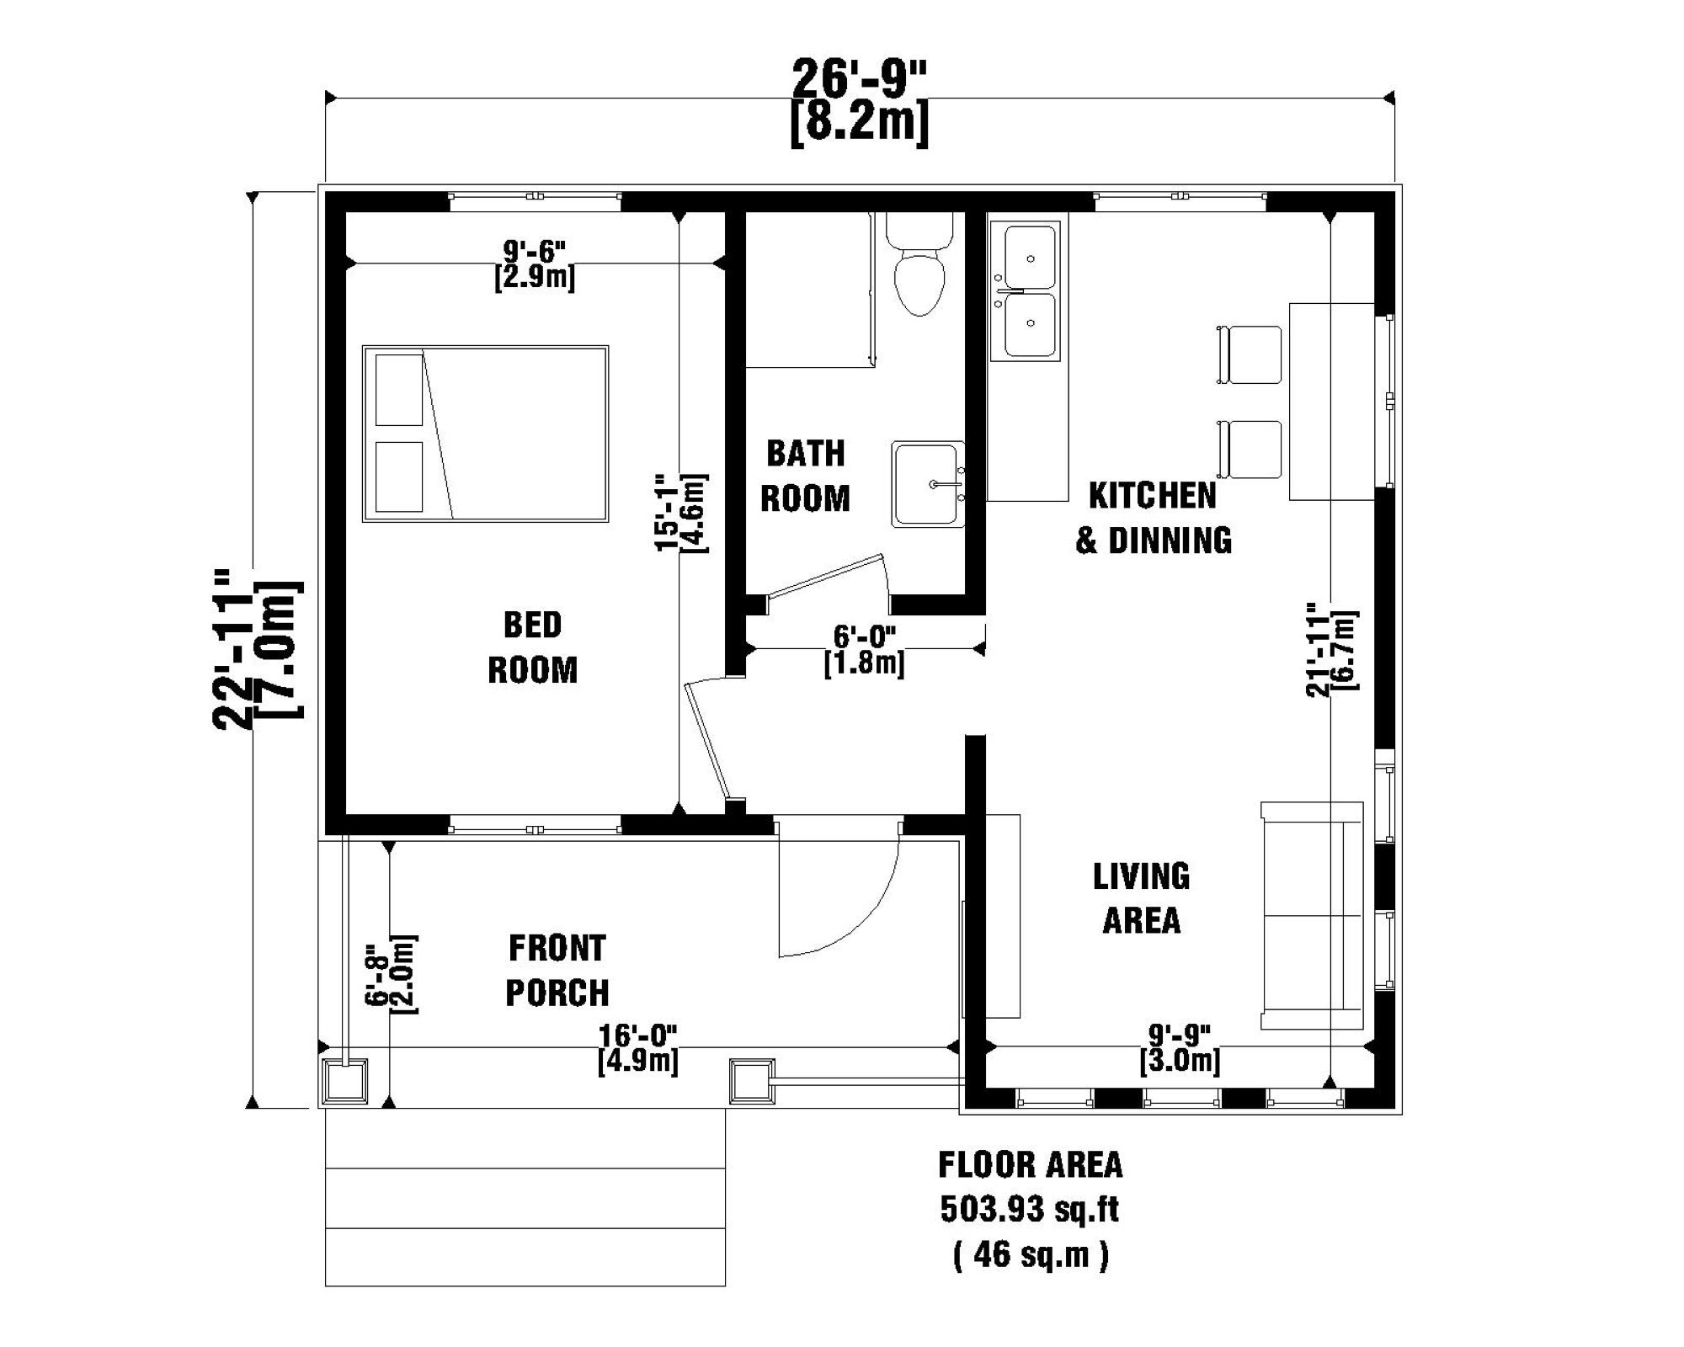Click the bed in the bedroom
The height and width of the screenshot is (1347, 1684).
485,434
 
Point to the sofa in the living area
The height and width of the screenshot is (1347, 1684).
1311,916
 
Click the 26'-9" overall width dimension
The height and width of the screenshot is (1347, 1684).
859,80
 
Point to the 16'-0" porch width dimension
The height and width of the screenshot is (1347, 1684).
637,1034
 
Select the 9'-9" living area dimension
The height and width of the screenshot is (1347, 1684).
1180,1034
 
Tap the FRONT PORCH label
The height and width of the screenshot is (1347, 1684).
557,971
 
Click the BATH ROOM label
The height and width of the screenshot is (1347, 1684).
805,476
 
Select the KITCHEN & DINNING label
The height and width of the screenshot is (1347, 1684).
1153,518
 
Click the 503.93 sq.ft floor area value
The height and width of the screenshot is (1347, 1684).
1029,1211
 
